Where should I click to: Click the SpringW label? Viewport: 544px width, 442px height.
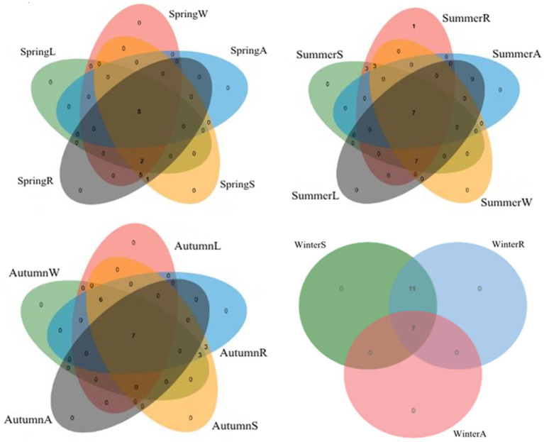pyautogui.click(x=187, y=13)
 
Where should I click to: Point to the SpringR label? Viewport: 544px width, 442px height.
pyautogui.click(x=35, y=180)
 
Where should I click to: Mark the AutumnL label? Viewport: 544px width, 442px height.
pyautogui.click(x=197, y=246)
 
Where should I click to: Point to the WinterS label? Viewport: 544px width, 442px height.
pyautogui.click(x=311, y=245)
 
